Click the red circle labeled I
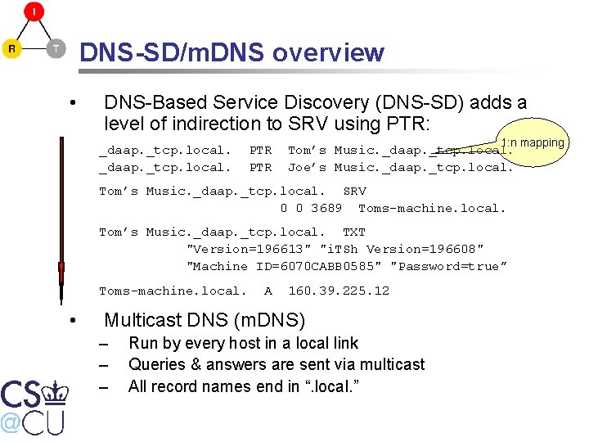coord(34,11)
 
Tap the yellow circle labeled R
coord(11,49)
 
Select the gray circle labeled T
coord(55,49)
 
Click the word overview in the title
coord(328,53)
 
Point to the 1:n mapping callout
coord(533,143)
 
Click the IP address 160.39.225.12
coord(339,291)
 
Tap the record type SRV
coord(354,192)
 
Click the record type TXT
coord(353,232)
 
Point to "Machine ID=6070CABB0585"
coord(285,266)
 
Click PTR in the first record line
coord(260,151)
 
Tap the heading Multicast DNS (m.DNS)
coord(205,320)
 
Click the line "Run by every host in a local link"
coord(243,343)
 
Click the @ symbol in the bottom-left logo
coord(10,422)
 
